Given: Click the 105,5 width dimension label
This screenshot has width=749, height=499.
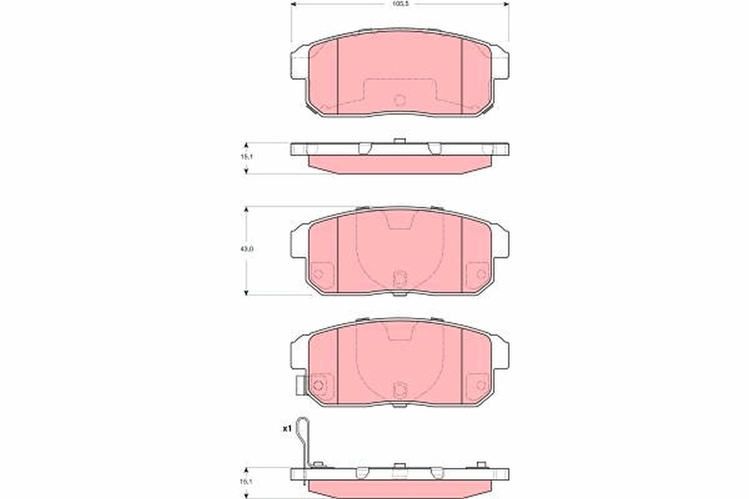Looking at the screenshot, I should [399, 3].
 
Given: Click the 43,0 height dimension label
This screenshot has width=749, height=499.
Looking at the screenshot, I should [247, 249].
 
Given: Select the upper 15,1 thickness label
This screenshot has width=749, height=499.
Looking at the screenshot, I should [247, 157].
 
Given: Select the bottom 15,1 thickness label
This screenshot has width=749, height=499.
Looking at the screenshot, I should [247, 482].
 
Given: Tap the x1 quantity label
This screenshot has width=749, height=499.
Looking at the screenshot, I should [287, 429].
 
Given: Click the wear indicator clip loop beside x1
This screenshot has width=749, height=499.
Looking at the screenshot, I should [303, 430].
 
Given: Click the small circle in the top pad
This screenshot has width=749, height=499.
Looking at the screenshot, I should [399, 99].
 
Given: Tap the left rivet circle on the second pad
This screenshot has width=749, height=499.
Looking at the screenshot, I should [318, 274].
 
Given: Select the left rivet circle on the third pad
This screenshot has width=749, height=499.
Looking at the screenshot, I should [318, 385].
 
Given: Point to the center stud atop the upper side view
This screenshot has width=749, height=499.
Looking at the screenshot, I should [399, 141].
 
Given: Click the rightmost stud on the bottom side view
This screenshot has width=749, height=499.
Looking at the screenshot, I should [481, 465].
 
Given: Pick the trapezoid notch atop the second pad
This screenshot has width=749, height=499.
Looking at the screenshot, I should [399, 220].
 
